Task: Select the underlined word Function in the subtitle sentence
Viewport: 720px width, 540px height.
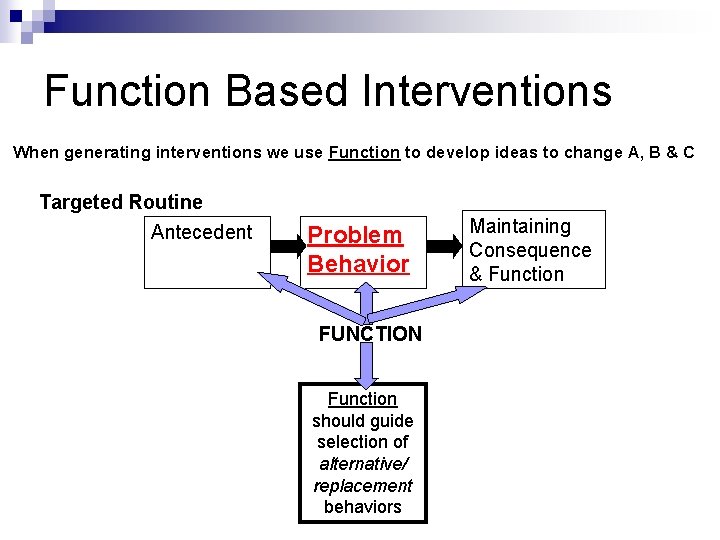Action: pyautogui.click(x=364, y=153)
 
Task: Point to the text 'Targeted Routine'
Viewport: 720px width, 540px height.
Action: pyautogui.click(x=121, y=203)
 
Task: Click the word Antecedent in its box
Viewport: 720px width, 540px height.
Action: pyautogui.click(x=201, y=233)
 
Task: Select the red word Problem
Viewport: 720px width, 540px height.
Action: pyautogui.click(x=355, y=236)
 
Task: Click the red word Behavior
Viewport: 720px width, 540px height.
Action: pyautogui.click(x=358, y=264)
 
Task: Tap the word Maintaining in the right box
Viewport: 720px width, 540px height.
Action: pyautogui.click(x=520, y=227)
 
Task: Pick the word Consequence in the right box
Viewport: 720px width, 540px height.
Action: pyautogui.click(x=530, y=250)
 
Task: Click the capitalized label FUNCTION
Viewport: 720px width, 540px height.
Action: pyautogui.click(x=370, y=334)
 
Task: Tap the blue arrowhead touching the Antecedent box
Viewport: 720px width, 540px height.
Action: pyautogui.click(x=275, y=282)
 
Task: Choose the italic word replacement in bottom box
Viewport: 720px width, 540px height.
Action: pyautogui.click(x=362, y=486)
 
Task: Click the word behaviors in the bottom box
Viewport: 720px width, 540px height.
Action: pyautogui.click(x=362, y=507)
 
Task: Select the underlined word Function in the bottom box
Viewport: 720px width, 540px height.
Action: pyautogui.click(x=362, y=399)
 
